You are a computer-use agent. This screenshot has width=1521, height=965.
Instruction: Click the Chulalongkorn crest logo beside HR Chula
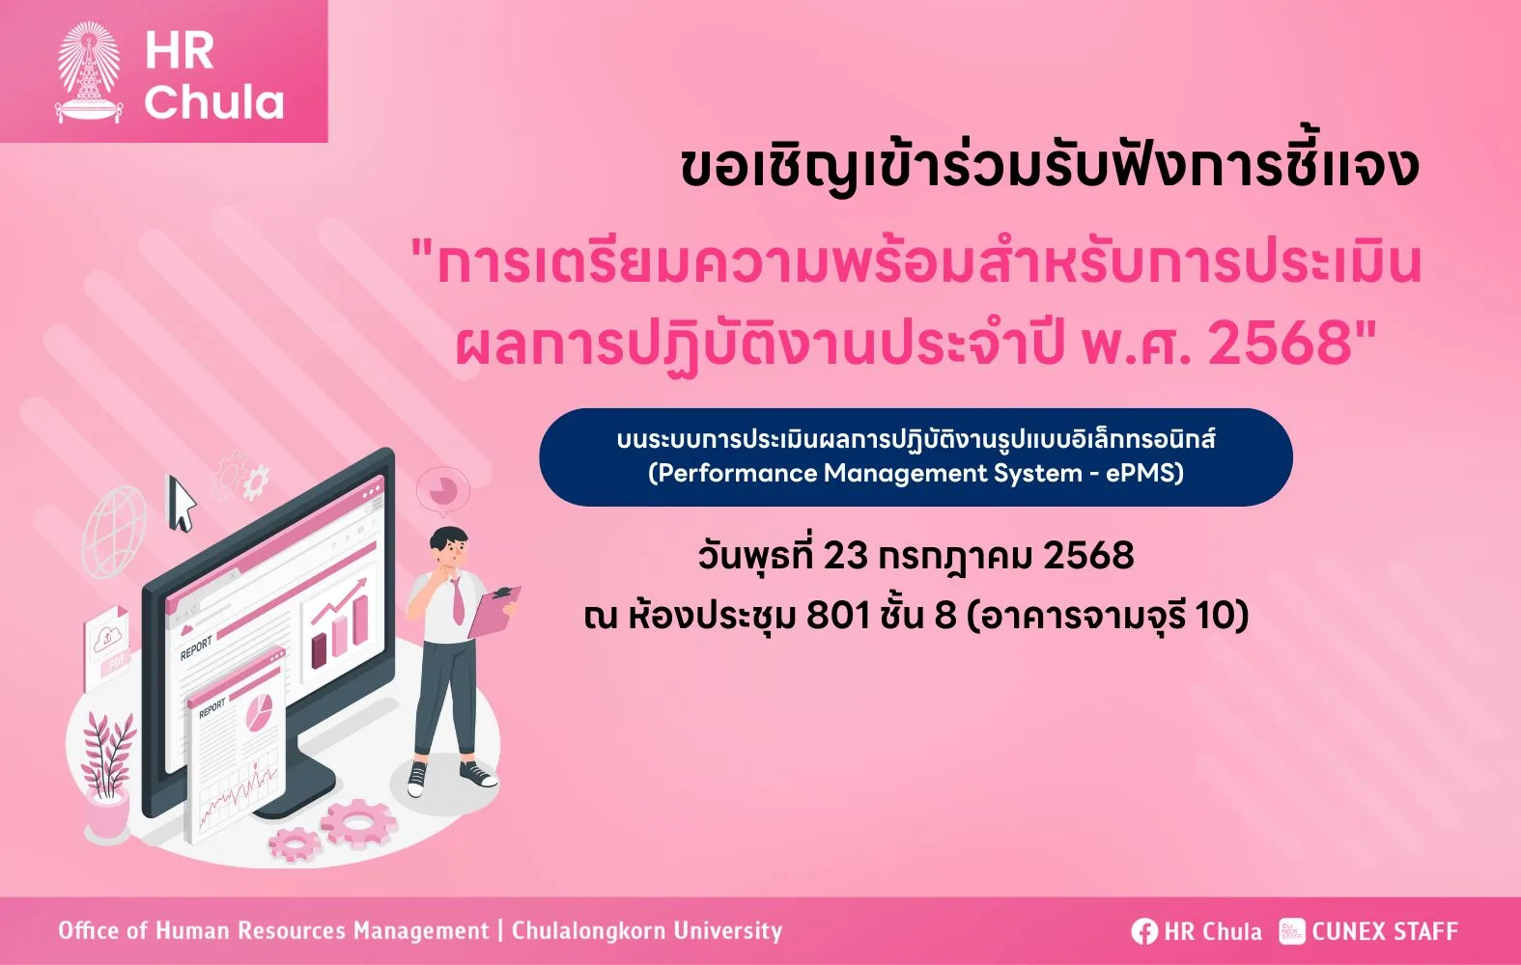89,72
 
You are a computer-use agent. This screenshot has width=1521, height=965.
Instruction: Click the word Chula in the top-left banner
213,102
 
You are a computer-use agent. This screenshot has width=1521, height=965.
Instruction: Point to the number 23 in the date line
845,556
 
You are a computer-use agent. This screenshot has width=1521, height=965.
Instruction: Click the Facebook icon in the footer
1144,931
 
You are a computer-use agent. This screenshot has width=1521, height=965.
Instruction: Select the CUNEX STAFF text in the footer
1385,931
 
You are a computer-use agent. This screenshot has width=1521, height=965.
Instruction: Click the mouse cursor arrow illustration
182,503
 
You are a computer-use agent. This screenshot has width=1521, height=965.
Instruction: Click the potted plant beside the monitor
107,774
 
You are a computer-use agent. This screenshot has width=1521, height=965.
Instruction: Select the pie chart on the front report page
258,712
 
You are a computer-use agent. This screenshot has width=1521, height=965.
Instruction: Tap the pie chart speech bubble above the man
442,490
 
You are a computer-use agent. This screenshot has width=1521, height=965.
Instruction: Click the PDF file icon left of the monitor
106,649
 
